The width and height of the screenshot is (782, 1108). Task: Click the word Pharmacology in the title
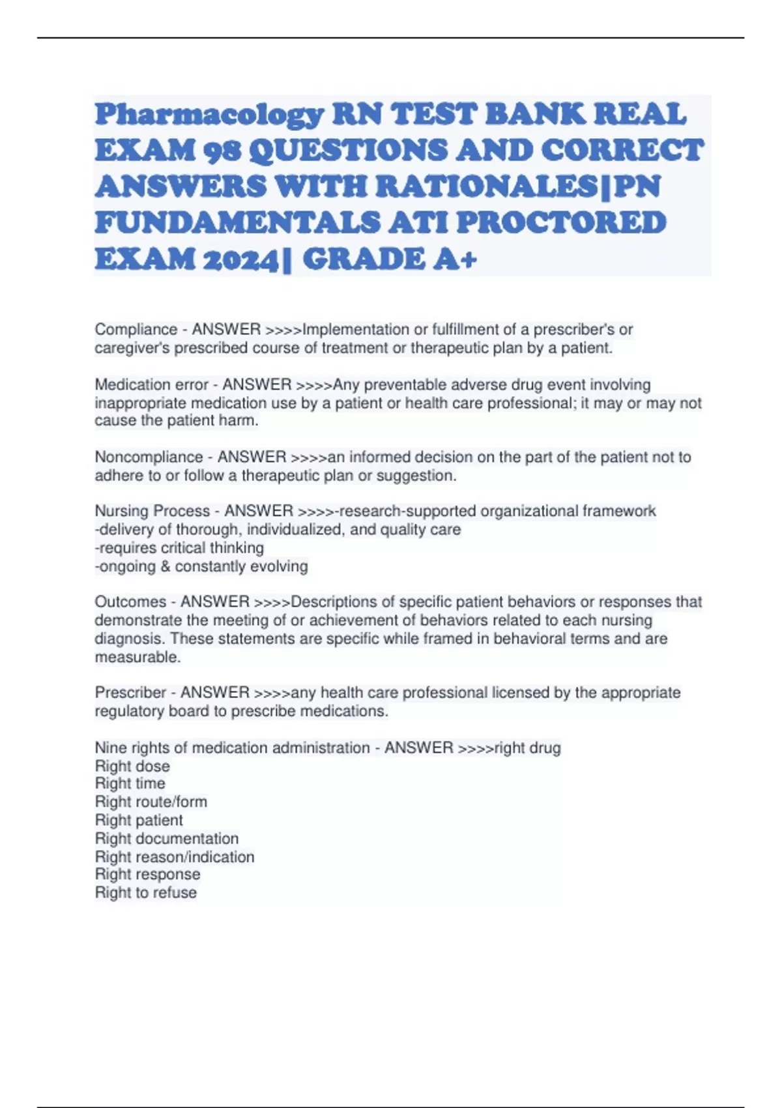click(x=209, y=115)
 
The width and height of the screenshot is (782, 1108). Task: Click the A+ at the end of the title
click(x=454, y=259)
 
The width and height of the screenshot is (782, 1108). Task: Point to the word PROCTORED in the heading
click(x=561, y=223)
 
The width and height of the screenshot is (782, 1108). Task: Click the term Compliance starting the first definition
click(x=136, y=330)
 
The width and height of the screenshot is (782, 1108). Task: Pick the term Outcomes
click(x=130, y=602)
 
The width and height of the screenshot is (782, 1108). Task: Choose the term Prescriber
click(x=130, y=692)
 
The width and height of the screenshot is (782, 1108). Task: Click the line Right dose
click(x=132, y=766)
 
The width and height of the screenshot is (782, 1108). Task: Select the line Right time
click(x=130, y=783)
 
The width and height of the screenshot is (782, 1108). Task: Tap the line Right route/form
click(x=151, y=802)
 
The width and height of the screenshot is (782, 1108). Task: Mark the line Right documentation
click(x=166, y=838)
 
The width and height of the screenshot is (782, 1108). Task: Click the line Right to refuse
click(x=145, y=893)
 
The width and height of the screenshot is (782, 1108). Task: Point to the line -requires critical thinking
click(x=179, y=547)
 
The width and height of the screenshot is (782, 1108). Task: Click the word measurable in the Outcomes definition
click(x=137, y=657)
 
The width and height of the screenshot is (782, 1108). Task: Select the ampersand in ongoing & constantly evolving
click(x=165, y=566)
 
